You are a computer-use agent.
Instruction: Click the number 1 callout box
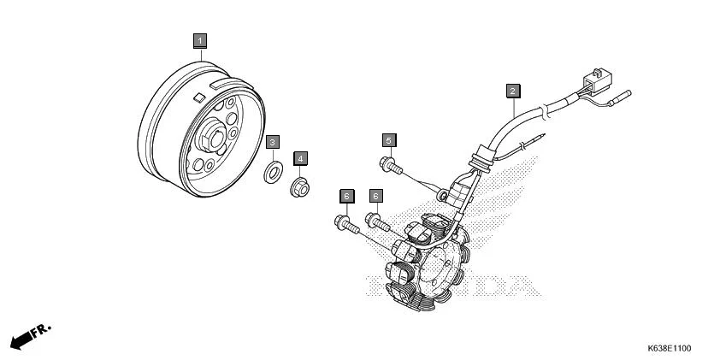pyautogui.click(x=199, y=40)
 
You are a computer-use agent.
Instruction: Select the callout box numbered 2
pyautogui.click(x=512, y=91)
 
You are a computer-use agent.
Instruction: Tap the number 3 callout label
pyautogui.click(x=271, y=142)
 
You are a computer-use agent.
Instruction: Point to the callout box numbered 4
pyautogui.click(x=301, y=158)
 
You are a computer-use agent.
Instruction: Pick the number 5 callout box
pyautogui.click(x=388, y=139)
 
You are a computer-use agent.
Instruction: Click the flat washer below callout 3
pyautogui.click(x=273, y=173)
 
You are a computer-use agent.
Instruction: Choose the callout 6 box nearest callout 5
pyautogui.click(x=375, y=197)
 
